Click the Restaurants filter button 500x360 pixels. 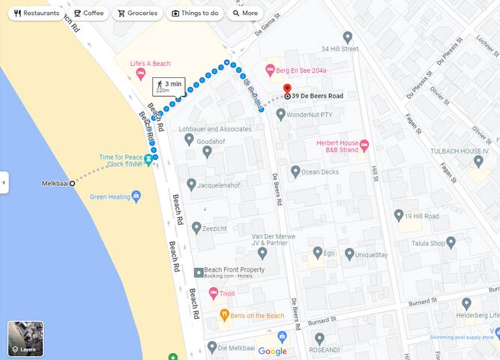pyautogui.click(x=36, y=13)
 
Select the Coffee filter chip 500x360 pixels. pyautogui.click(x=88, y=13)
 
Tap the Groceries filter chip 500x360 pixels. pyautogui.click(x=137, y=13)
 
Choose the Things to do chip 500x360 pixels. pyautogui.click(x=195, y=13)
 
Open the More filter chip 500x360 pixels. pyautogui.click(x=244, y=13)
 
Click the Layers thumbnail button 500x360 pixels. pyautogui.click(x=25, y=339)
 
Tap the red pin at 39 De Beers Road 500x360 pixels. pyautogui.click(x=287, y=89)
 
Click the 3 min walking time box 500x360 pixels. pyautogui.click(x=169, y=86)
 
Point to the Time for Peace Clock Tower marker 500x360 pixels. pyautogui.click(x=148, y=158)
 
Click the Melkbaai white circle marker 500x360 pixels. pyautogui.click(x=72, y=183)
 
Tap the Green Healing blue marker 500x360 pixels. pyautogui.click(x=136, y=197)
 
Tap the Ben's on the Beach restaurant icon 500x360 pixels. pyautogui.click(x=223, y=316)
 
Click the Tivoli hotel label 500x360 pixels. pyautogui.click(x=227, y=293)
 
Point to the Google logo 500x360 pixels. pyautogui.click(x=272, y=351)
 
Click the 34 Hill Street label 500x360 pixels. pyautogui.click(x=340, y=49)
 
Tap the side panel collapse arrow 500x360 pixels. pyautogui.click(x=4, y=182)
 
